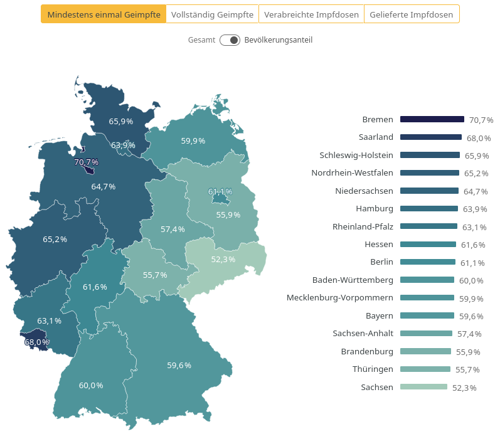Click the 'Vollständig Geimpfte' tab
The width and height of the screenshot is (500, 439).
tap(212, 14)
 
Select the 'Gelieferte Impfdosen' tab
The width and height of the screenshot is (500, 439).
tap(411, 14)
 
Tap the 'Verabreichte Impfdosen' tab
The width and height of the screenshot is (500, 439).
tap(311, 14)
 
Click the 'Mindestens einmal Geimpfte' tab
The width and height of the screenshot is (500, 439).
tap(104, 14)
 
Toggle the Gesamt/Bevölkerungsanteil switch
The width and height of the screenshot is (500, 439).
tap(230, 40)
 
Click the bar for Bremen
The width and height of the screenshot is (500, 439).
tap(432, 119)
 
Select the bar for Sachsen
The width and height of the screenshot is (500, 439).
tap(423, 387)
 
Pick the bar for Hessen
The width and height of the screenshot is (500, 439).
tap(428, 244)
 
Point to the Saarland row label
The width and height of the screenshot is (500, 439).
tap(376, 137)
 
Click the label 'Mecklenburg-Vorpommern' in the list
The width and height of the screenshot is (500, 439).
tap(339, 297)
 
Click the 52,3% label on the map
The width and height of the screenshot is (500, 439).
tap(223, 259)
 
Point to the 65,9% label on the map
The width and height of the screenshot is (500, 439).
tap(121, 122)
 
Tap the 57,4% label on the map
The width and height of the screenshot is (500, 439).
tap(173, 230)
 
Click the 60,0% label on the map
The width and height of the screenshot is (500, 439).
tap(91, 385)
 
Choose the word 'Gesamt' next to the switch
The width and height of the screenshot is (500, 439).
tap(201, 40)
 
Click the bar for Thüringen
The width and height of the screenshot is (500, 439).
tap(425, 369)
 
